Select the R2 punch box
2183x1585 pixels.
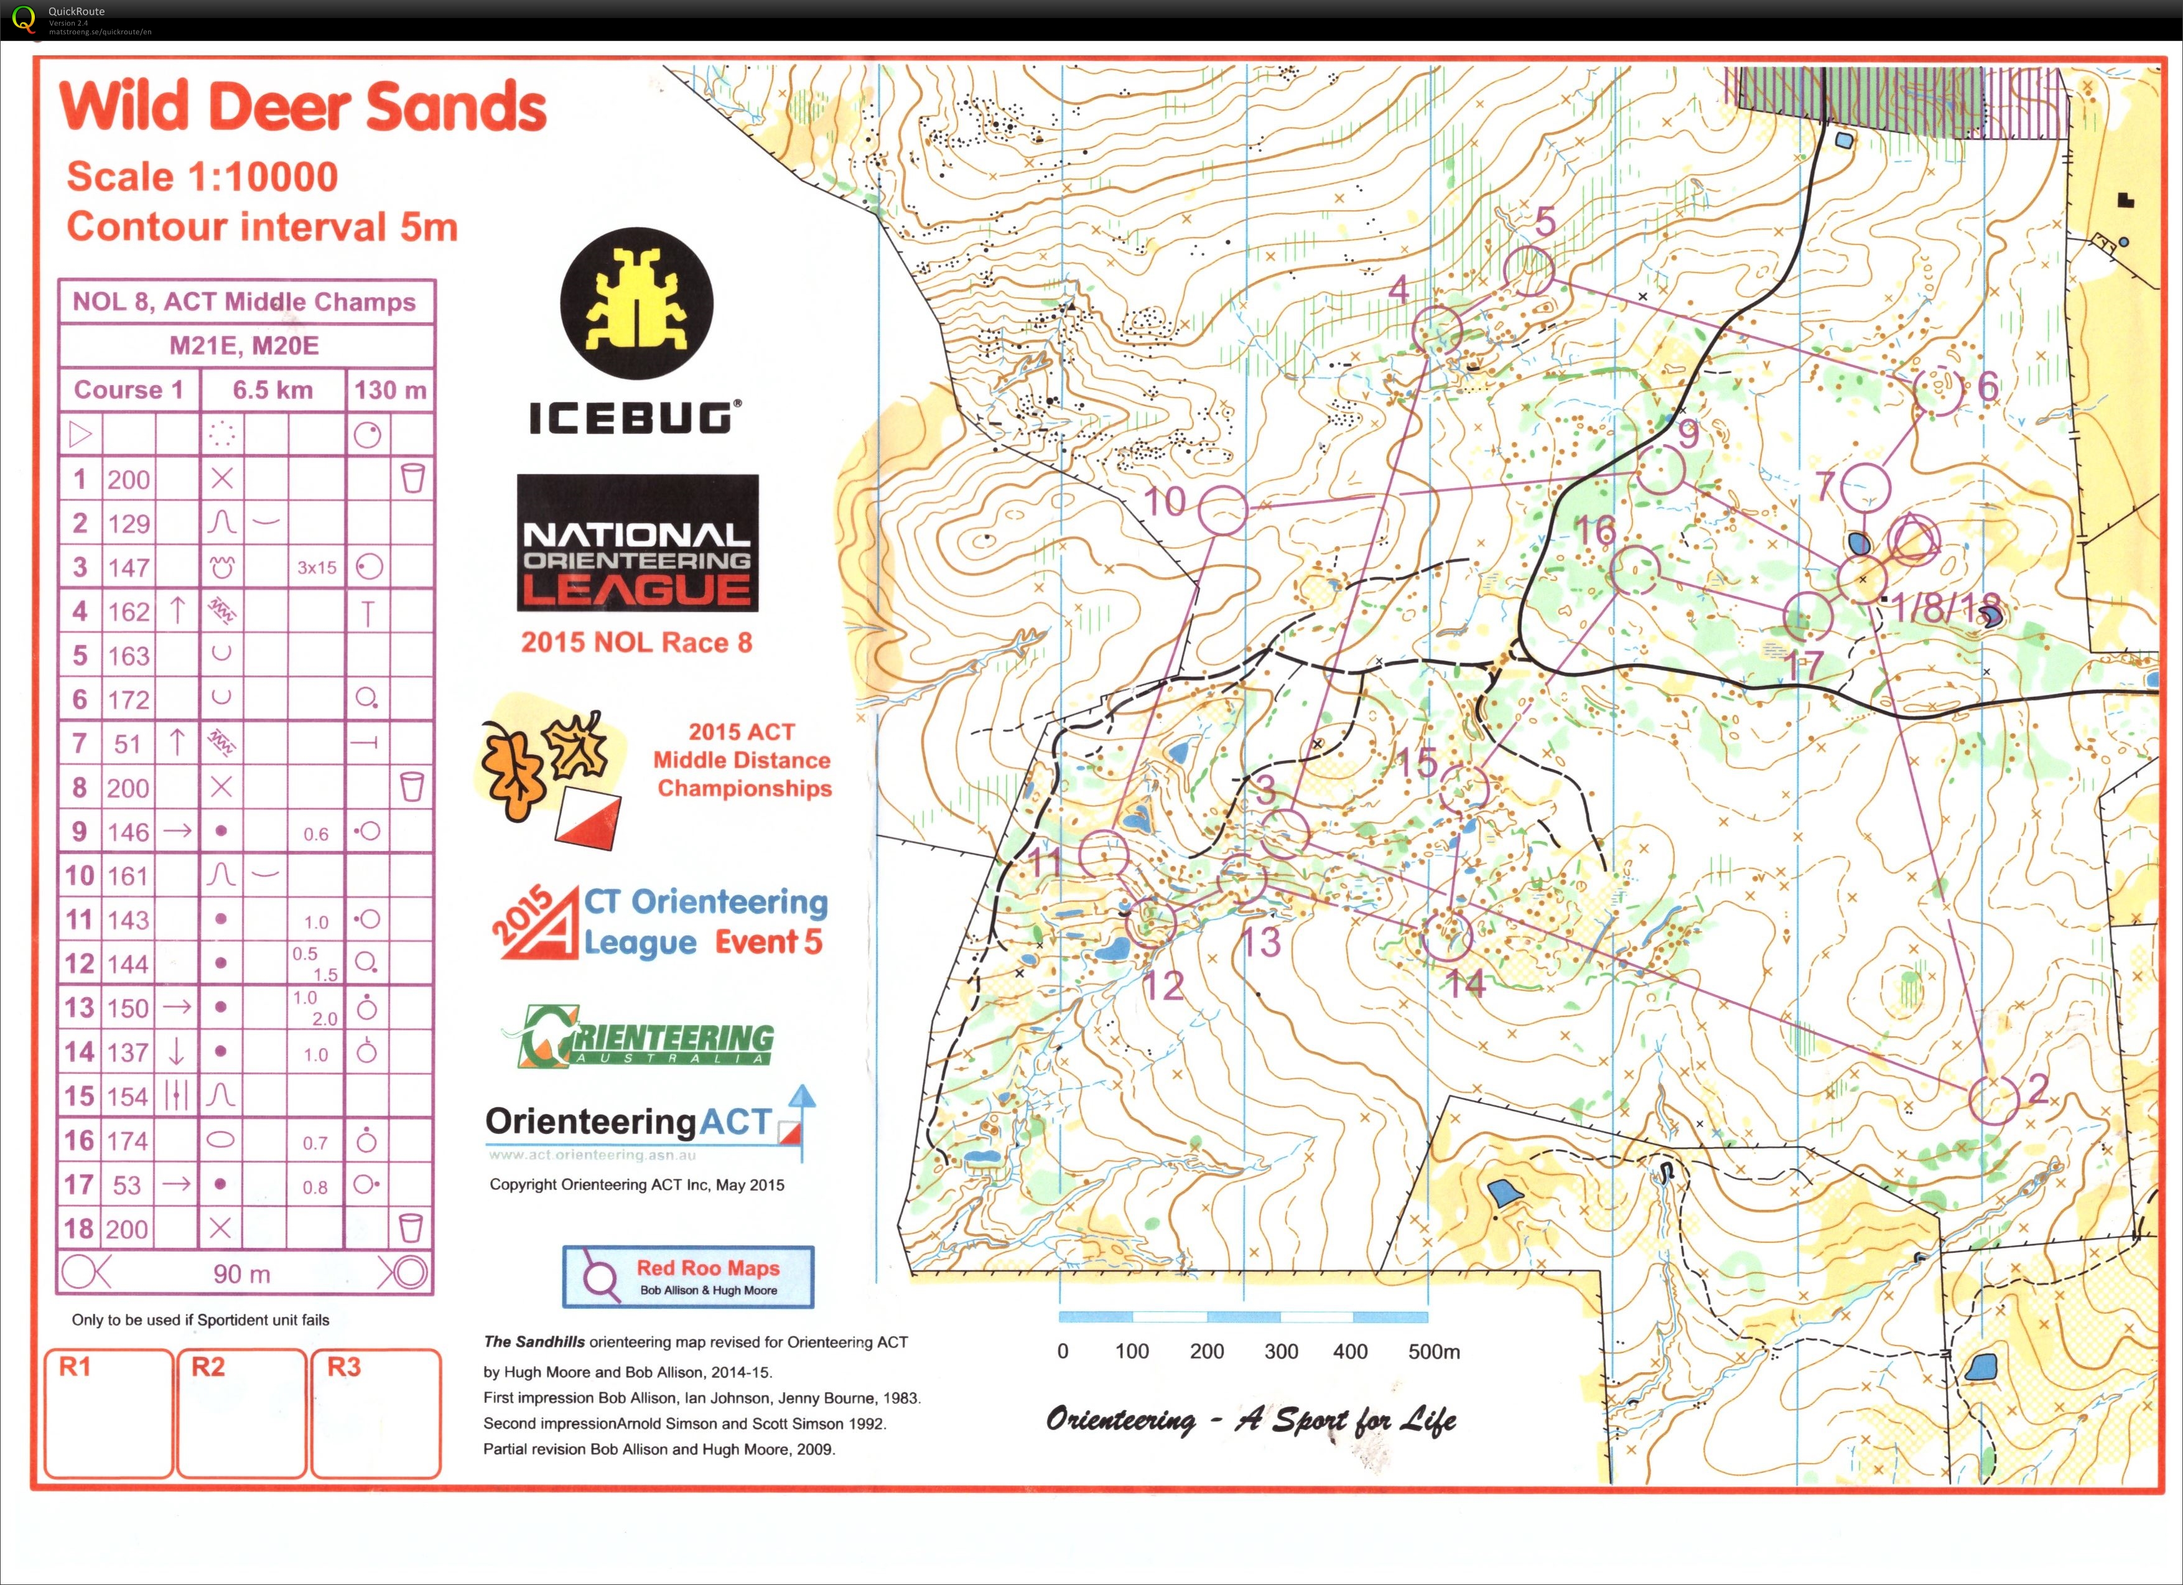click(241, 1412)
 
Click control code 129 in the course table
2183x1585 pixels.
click(128, 524)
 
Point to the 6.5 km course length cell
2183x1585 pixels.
click(272, 390)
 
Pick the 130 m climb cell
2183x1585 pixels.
click(390, 390)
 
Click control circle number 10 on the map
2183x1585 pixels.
click(1222, 510)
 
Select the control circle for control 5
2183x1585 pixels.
click(1529, 271)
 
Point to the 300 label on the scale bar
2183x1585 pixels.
click(1280, 1351)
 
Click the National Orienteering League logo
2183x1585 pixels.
click(637, 543)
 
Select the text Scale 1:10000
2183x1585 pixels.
click(202, 177)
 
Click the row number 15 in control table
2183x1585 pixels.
click(79, 1096)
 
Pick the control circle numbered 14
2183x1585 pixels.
click(1446, 934)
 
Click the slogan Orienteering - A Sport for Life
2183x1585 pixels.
click(1250, 1420)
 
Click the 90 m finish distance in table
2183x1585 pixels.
click(241, 1274)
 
